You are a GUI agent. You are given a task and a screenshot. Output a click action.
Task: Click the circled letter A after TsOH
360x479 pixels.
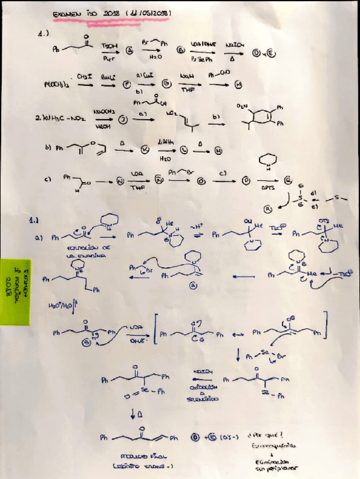[129, 50]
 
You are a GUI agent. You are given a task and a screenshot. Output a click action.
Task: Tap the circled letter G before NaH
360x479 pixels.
[166, 85]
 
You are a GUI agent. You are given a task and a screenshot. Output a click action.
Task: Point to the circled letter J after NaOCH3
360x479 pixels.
[121, 120]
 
